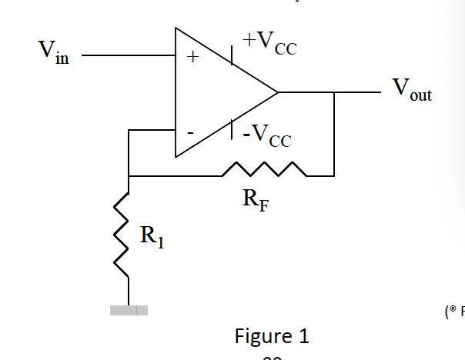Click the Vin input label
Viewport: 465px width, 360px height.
coord(53,55)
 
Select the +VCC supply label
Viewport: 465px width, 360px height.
coord(269,44)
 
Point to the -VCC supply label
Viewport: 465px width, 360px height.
coord(267,136)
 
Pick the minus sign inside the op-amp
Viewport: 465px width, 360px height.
coord(190,132)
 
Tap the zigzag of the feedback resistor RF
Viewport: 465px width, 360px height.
coord(264,169)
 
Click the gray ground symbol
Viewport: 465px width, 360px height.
coord(128,311)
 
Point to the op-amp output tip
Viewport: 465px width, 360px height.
coord(277,92)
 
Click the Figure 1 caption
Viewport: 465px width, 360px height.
coord(272,336)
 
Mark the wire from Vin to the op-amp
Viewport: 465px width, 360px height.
coord(127,55)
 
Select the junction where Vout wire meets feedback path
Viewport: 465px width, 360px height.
coord(334,92)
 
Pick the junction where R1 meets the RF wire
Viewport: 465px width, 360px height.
coord(129,176)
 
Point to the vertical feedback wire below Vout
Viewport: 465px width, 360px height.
coord(334,135)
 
